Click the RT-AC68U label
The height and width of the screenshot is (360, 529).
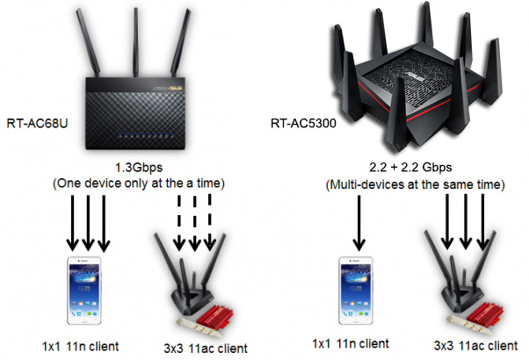coord(37,123)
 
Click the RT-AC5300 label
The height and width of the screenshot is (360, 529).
coord(303,123)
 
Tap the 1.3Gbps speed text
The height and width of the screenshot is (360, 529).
coord(139,168)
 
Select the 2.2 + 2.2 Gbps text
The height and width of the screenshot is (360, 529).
coord(410,167)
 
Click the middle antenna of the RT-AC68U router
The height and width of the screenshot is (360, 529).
coord(135,42)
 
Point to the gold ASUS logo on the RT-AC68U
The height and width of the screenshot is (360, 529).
coord(176,89)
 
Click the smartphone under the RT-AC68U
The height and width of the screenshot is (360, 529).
coord(84,291)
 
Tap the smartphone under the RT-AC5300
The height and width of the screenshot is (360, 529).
coord(356,291)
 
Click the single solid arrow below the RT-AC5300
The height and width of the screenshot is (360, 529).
coord(359,223)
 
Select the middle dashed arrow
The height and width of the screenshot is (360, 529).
coord(195,223)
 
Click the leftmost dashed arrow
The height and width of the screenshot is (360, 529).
coord(179,223)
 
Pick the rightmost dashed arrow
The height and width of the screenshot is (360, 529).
coord(210,222)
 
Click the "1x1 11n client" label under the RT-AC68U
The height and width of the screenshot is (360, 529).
coord(80,347)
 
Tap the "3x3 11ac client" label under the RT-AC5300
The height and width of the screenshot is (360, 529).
coord(475,345)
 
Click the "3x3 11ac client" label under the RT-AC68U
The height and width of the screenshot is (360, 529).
coord(206,349)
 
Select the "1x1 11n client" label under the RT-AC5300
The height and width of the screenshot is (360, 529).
coord(351,344)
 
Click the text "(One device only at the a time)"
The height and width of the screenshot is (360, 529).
coord(139,184)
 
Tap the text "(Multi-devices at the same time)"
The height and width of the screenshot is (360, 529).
coord(416,184)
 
